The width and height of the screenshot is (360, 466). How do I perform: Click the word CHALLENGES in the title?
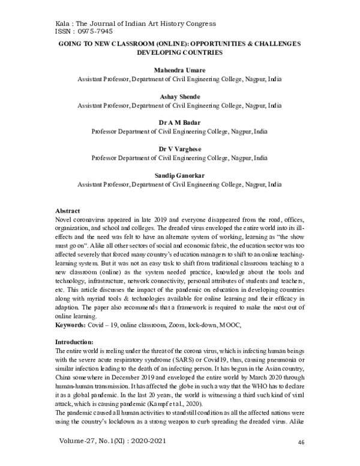click(x=283, y=44)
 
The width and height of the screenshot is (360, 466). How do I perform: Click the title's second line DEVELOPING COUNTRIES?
click(x=179, y=53)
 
